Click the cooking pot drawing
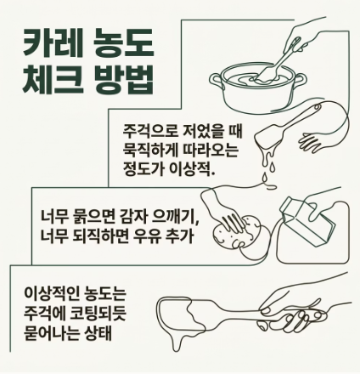tap(258, 88)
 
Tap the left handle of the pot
tap(217, 80)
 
